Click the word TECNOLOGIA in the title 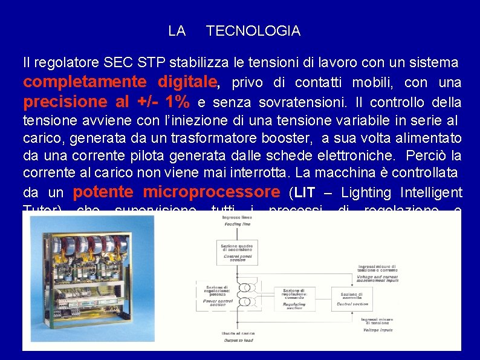pyautogui.click(x=253, y=31)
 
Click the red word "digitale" pyautogui.click(x=187, y=81)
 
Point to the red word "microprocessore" pyautogui.click(x=212, y=192)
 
